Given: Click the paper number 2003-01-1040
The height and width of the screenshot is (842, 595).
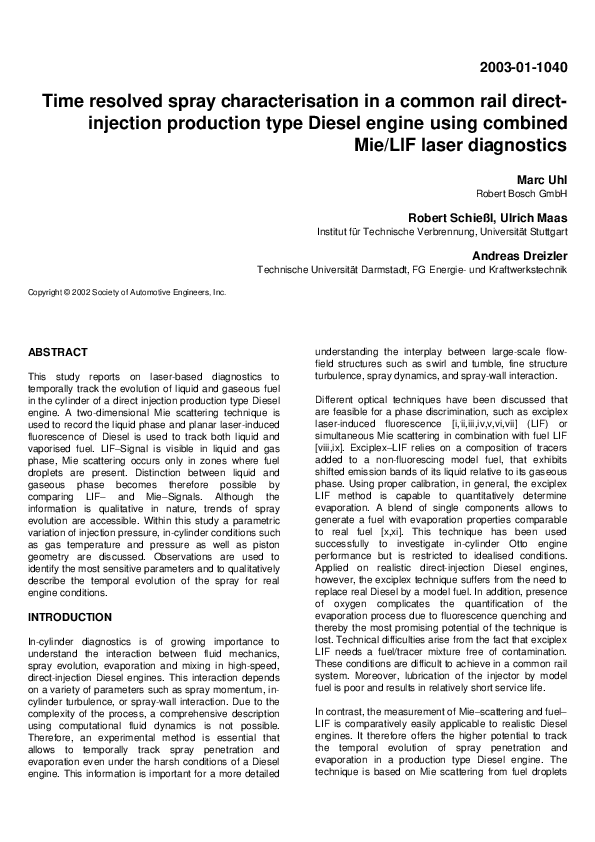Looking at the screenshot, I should pyautogui.click(x=523, y=68).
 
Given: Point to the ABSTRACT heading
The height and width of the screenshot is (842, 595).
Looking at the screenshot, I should pyautogui.click(x=58, y=353).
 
